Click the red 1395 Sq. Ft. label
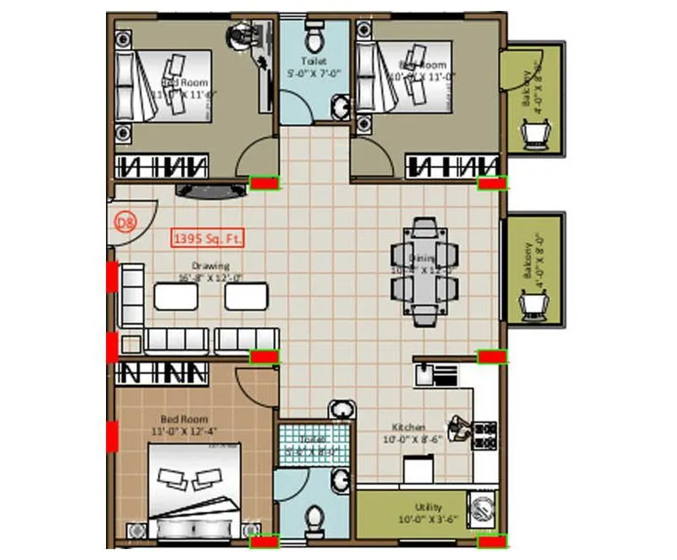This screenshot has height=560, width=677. click(x=208, y=239)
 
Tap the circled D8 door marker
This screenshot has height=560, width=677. click(x=125, y=223)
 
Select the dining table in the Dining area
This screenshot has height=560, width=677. click(x=425, y=271)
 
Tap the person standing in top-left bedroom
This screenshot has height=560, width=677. click(x=244, y=37)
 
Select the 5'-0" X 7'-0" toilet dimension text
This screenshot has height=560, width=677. click(x=314, y=74)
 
